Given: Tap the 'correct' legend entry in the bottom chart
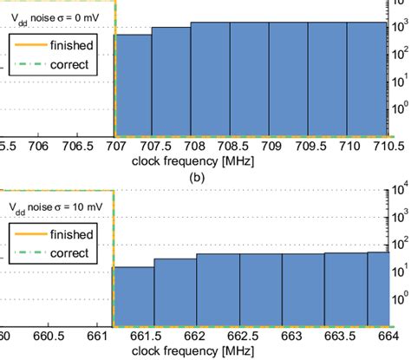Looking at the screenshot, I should click(70, 252).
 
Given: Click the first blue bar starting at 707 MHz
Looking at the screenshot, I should click(133, 84).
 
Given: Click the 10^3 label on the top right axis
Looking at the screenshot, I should click(400, 29).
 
